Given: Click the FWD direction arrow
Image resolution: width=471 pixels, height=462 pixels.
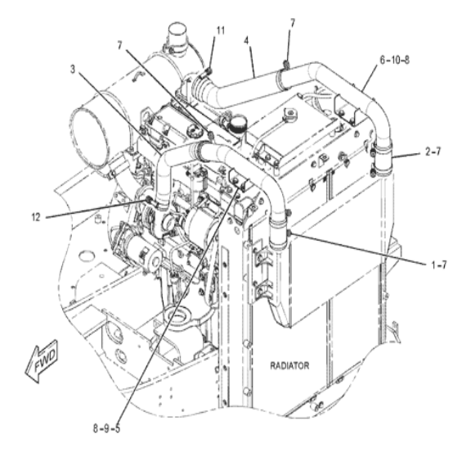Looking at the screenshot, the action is tap(42, 361).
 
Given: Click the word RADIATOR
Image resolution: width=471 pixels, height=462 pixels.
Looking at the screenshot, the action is tap(289, 365).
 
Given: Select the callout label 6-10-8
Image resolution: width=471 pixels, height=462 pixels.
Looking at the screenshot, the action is tap(394, 60).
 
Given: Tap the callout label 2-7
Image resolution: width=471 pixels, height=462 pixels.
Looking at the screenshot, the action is tap(433, 152).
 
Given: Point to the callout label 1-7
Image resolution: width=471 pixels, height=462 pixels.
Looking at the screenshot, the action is tap(439, 265).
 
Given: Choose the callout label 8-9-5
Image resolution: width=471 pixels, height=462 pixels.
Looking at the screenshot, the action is tap(106, 428).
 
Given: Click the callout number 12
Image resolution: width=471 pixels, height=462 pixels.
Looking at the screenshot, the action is tap(36, 217).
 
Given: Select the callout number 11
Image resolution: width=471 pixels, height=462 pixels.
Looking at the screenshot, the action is tap(221, 30).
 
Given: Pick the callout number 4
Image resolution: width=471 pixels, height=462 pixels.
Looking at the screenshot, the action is tap(246, 40).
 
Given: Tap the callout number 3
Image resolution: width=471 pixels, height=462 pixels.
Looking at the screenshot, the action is tap(73, 70).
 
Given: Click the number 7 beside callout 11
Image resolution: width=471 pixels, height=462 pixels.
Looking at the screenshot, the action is tap(120, 45).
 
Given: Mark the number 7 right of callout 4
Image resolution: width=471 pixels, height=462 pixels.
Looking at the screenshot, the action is tap(293, 23).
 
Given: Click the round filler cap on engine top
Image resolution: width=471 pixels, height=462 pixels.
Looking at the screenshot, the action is tap(237, 122).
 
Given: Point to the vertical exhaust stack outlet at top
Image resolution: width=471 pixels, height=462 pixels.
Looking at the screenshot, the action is tap(177, 34).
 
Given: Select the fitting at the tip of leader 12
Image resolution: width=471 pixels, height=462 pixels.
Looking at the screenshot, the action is tap(148, 199).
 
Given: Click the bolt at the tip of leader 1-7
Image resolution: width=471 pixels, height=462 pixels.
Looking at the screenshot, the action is tap(289, 233).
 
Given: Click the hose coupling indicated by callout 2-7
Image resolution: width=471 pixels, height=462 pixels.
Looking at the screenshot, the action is tap(382, 160).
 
